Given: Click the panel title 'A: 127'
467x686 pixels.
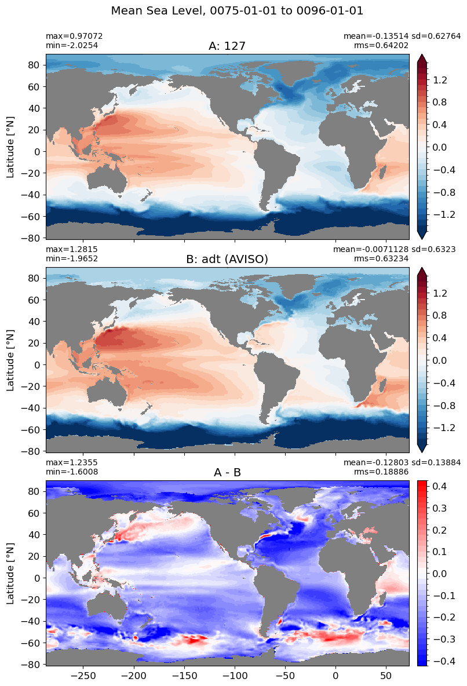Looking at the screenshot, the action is point(227,46).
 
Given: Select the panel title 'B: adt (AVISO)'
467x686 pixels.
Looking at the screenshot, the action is point(227,260).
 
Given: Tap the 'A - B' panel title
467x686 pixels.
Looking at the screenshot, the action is point(227,473).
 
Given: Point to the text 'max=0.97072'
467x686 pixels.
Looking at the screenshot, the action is point(74,37).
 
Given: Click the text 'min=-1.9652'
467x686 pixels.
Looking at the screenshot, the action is point(72,258).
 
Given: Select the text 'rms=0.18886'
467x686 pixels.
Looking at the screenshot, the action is point(381,472).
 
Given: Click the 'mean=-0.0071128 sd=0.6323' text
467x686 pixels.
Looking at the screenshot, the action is point(394,249).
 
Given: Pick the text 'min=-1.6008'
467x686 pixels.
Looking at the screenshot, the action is point(72,472).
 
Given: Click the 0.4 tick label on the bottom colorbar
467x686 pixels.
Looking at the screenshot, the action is point(439,486).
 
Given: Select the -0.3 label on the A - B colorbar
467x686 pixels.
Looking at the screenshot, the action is point(443,639).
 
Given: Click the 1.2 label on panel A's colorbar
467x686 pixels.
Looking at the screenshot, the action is point(439,80).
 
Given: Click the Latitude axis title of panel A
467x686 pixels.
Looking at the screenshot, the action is point(10,147).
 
